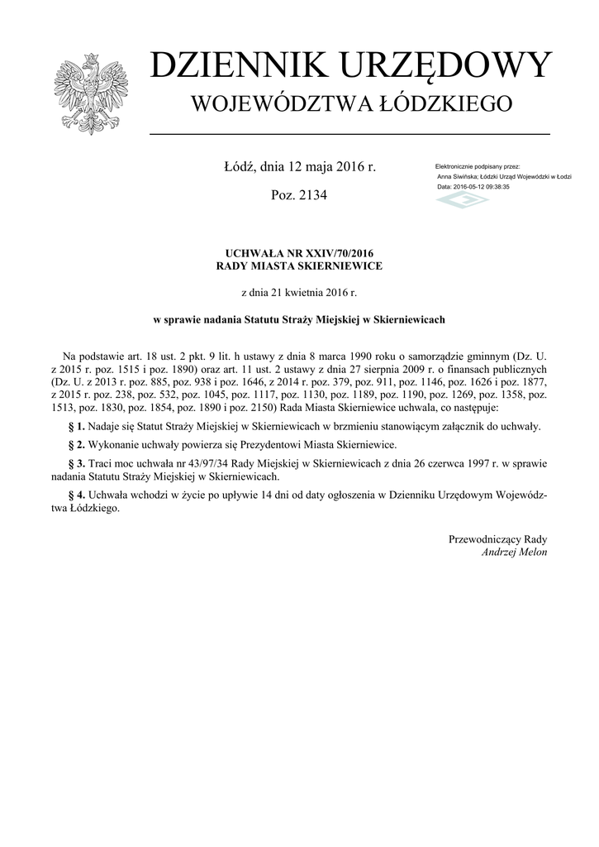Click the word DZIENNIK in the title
[x=231, y=66]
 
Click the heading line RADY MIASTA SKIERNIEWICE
[x=299, y=266]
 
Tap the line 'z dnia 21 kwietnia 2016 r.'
[x=299, y=292]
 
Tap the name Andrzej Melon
[x=514, y=552]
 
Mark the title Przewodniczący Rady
[x=497, y=539]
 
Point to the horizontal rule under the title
[x=349, y=134]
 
